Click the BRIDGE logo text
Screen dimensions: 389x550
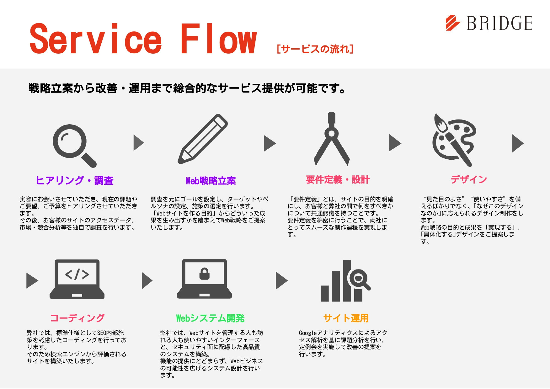pyautogui.click(x=499, y=23)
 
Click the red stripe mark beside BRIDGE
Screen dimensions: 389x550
pyautogui.click(x=453, y=23)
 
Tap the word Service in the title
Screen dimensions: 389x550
pyautogui.click(x=95, y=39)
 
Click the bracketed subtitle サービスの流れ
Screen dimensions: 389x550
pyautogui.click(x=315, y=49)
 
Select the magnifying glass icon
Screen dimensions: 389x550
pyautogui.click(x=74, y=145)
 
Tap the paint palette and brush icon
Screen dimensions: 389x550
pyautogui.click(x=454, y=140)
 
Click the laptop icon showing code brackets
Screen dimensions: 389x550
pyautogui.click(x=77, y=279)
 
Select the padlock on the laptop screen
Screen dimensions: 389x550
pyautogui.click(x=205, y=274)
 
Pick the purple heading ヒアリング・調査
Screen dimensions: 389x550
pyautogui.click(x=75, y=180)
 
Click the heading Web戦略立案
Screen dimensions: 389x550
pyautogui.click(x=211, y=181)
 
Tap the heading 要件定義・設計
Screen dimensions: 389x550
pyautogui.click(x=338, y=180)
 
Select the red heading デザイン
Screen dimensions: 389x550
pyautogui.click(x=469, y=179)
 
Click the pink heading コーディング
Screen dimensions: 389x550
pyautogui.click(x=77, y=318)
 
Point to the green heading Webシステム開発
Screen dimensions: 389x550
pyautogui.click(x=210, y=318)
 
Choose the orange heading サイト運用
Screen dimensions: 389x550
pyautogui.click(x=346, y=318)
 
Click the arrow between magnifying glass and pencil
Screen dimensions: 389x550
pyautogui.click(x=138, y=143)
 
